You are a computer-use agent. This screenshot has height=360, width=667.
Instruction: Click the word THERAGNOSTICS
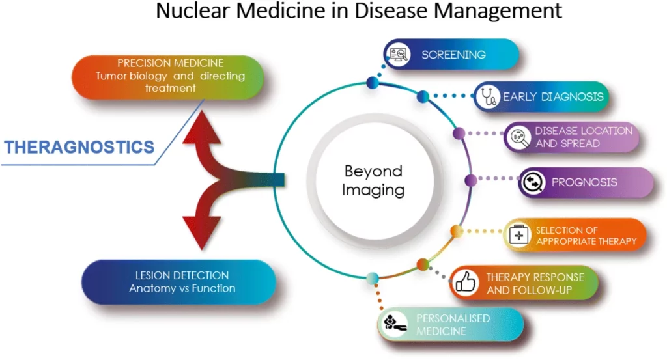point(79,146)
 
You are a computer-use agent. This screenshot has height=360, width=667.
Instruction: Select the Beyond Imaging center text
point(374,181)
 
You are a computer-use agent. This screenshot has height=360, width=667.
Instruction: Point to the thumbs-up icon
point(465,283)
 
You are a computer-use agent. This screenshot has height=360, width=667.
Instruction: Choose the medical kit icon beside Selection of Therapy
point(520,235)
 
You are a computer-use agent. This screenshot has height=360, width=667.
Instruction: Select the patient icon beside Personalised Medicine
point(394,324)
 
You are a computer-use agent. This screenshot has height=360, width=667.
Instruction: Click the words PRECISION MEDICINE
point(171,64)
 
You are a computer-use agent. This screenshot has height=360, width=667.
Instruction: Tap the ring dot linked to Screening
point(373,82)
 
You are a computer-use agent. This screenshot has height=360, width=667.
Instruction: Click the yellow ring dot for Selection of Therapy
point(457,230)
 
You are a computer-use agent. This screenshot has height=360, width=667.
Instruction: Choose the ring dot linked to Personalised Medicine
point(373,279)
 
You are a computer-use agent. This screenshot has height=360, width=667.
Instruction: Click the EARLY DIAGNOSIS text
point(553,97)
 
